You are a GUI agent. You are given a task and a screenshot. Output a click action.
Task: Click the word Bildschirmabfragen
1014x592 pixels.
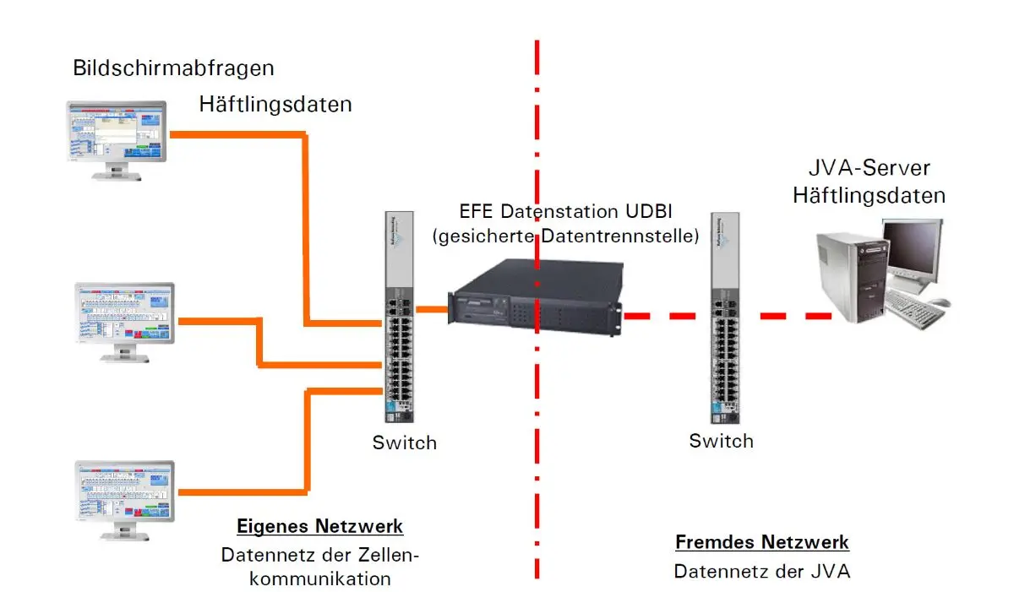tap(173, 68)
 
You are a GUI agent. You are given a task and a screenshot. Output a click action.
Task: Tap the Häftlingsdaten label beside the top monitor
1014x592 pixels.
tap(275, 105)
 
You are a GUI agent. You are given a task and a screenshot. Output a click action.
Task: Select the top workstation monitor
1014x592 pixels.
tap(117, 140)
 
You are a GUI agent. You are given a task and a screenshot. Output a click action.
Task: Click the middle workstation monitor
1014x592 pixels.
tap(124, 322)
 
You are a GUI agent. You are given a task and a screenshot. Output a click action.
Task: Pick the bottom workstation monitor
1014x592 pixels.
tap(124, 500)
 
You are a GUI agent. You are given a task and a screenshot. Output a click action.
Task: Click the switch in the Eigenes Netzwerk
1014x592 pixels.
tap(399, 317)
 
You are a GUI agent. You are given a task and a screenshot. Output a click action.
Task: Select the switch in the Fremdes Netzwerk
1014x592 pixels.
tap(725, 318)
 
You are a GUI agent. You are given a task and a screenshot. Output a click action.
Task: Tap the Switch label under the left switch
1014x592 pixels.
tap(404, 443)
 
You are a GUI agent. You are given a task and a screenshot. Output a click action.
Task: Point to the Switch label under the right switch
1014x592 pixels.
tap(721, 441)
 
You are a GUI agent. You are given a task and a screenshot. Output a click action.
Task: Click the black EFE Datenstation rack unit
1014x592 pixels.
tap(536, 297)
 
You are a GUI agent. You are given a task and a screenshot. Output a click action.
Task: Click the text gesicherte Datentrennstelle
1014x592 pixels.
tap(566, 236)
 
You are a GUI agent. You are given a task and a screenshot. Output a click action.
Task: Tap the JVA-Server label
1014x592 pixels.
tap(870, 168)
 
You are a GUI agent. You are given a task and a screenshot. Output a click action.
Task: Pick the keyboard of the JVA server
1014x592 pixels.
tap(910, 309)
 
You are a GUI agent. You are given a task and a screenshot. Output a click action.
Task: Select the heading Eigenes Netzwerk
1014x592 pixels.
tap(319, 526)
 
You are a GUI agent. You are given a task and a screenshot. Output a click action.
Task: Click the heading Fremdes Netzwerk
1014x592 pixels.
tap(762, 542)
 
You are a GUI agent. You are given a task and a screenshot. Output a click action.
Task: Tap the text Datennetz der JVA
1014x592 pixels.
tap(762, 572)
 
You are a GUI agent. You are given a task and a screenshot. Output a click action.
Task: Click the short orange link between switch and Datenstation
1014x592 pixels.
tap(432, 309)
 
